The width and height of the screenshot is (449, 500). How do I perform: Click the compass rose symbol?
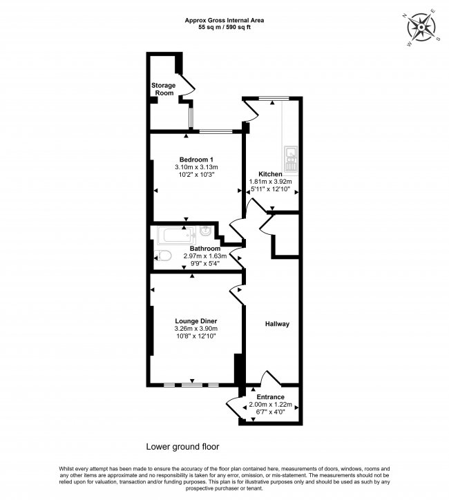[420, 28]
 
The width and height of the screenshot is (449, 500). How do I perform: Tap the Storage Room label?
[164, 89]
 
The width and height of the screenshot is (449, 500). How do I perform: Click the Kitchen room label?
[270, 174]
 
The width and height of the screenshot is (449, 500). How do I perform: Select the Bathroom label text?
[205, 248]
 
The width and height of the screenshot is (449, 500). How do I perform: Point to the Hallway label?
[277, 324]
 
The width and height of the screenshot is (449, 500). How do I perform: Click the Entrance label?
[270, 397]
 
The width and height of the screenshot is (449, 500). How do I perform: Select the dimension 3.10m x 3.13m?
[196, 167]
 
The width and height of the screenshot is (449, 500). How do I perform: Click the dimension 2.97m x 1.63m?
[205, 256]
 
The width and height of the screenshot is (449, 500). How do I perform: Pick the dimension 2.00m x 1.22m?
[270, 405]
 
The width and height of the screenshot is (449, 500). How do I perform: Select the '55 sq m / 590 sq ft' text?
[224, 28]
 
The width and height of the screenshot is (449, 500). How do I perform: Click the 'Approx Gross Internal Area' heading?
[224, 21]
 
